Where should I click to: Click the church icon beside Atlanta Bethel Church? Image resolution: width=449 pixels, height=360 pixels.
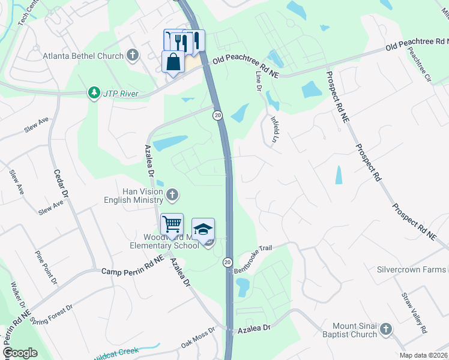(x=133, y=56)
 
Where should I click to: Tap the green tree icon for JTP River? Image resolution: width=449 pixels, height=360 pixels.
(x=93, y=93)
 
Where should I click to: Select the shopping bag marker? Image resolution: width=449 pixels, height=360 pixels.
(x=173, y=62)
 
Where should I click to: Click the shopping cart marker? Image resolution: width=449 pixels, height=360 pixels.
(x=172, y=224)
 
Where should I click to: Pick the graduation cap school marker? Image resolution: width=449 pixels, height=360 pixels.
(x=203, y=230)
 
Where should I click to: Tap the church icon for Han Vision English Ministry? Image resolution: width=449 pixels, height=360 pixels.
(x=172, y=194)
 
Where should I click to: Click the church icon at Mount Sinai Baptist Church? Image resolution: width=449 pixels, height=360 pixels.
(x=385, y=329)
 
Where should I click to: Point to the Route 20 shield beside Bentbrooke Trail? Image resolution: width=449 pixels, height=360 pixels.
(x=228, y=262)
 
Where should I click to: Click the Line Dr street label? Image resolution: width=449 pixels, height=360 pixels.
(x=259, y=81)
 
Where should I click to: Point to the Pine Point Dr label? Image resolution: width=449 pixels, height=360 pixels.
(x=46, y=268)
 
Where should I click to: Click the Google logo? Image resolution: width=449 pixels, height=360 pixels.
(x=20, y=353)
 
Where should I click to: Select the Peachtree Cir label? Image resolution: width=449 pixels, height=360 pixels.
(x=420, y=64)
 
